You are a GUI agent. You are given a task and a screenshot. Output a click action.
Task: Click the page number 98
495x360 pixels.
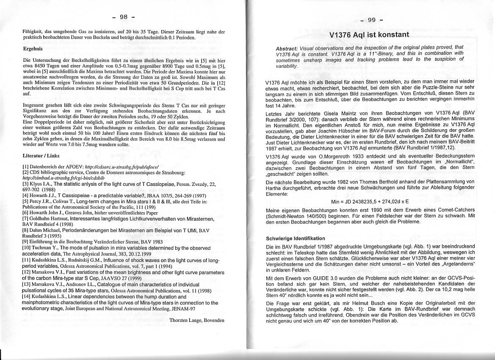pos(124,17)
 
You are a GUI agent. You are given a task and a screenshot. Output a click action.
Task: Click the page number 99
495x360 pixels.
pos(372,19)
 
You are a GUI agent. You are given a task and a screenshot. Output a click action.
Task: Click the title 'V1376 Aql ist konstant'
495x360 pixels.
pos(369,35)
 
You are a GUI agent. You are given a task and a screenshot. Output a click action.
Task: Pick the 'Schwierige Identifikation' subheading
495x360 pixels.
pos(296,238)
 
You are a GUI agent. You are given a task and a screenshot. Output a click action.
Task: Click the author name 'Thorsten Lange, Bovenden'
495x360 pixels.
pos(197,320)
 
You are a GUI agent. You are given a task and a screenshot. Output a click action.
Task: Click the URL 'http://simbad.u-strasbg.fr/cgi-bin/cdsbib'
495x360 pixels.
pos(64,178)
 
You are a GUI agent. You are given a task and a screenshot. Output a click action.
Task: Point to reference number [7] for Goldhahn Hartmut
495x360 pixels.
pos(25,218)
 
